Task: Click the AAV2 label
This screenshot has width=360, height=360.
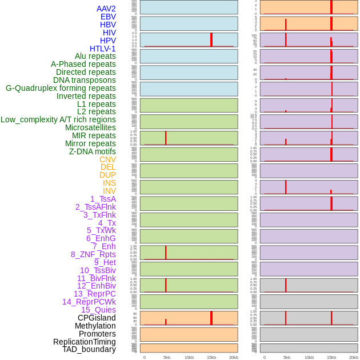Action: (106, 9)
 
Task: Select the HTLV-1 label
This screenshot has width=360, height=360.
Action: (103, 49)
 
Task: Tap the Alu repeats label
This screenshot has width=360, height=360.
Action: (95, 56)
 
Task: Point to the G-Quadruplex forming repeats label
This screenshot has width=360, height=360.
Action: (61, 88)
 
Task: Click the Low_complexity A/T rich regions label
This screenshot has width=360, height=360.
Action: (58, 119)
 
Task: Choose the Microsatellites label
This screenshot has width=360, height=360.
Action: (90, 127)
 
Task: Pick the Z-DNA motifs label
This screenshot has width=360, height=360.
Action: (93, 151)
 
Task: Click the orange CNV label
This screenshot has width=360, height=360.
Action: (107, 159)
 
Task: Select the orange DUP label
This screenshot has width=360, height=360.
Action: (107, 175)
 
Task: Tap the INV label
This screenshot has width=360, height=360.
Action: (109, 191)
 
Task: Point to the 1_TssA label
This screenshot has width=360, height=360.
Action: (103, 199)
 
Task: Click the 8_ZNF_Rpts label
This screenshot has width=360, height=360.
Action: (93, 254)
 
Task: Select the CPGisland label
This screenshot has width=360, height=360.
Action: (97, 318)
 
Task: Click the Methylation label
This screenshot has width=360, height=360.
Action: (95, 326)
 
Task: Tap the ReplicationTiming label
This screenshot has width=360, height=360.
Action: (84, 342)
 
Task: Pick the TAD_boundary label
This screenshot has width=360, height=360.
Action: (89, 349)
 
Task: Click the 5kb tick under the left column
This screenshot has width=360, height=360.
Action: (167, 357)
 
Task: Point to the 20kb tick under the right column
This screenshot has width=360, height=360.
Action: (354, 357)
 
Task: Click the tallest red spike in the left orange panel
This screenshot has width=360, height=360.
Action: (211, 318)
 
